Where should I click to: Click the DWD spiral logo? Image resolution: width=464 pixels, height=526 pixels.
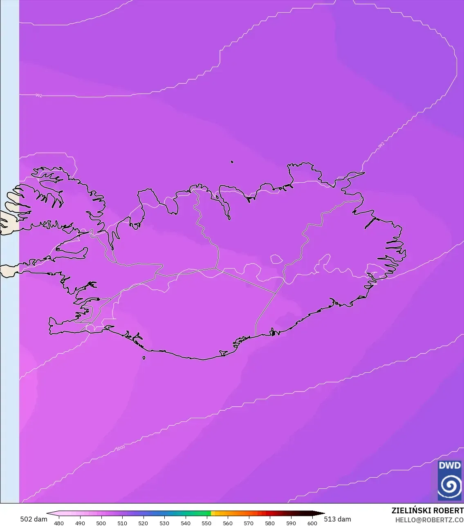tap(449, 485)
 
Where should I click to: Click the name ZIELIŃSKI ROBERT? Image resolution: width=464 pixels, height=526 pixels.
tap(427, 510)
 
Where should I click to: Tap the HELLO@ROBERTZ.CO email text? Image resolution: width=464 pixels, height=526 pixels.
tap(429, 519)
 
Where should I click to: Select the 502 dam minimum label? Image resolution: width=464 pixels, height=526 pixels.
tap(34, 519)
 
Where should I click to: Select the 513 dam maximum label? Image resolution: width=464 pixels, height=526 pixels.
tap(337, 519)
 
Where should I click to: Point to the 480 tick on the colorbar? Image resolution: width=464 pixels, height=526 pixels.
tap(59, 523)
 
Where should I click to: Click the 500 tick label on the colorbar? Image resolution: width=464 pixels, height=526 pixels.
tap(101, 523)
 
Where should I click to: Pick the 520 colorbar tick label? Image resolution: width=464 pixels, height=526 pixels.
tap(143, 523)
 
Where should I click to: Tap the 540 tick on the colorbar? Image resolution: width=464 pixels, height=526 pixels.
tap(186, 523)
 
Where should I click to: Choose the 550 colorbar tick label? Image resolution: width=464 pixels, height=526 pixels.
tap(206, 523)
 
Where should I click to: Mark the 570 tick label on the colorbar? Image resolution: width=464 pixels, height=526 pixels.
tap(249, 523)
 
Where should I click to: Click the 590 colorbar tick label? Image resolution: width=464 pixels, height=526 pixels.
tap(291, 523)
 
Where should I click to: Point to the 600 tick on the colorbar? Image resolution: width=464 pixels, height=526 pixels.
tap(312, 523)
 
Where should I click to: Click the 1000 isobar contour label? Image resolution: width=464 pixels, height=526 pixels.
tap(121, 448)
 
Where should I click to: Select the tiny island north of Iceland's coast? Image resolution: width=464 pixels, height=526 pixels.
tap(232, 162)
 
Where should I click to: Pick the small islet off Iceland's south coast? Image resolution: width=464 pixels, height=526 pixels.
tap(144, 358)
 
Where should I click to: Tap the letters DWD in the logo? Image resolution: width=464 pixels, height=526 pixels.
tap(449, 466)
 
